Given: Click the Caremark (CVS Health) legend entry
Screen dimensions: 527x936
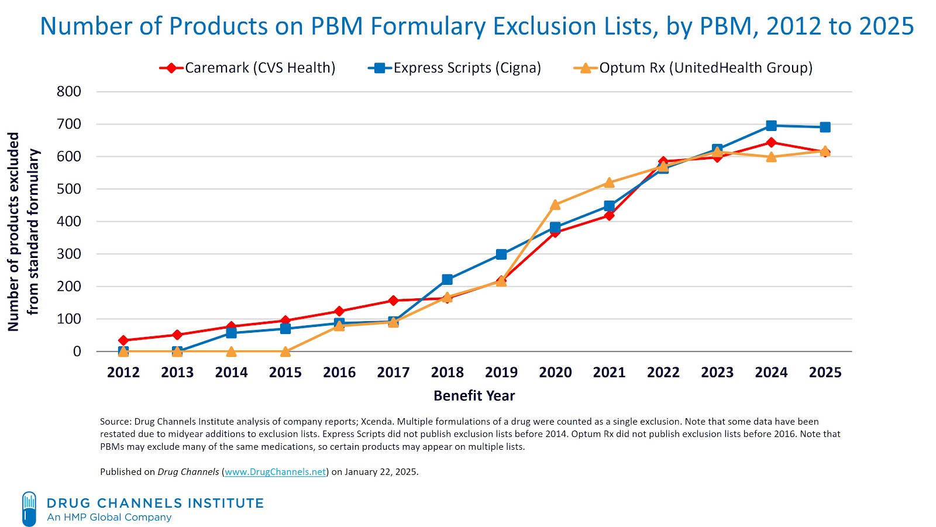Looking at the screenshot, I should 247,68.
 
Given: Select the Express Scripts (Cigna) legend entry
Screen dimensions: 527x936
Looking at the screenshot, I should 455,68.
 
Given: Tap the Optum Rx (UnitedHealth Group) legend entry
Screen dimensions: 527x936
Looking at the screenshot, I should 693,68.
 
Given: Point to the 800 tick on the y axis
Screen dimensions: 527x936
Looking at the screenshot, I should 69,91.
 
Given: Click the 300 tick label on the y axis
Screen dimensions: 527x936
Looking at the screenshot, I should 69,254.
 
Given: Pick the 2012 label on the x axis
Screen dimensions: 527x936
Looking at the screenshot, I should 123,373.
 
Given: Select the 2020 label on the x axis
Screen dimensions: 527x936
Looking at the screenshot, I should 555,373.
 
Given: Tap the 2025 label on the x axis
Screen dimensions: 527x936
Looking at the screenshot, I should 825,373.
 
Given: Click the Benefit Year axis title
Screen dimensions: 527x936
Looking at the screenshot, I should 474,396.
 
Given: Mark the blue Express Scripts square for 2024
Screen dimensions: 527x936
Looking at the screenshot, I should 771,126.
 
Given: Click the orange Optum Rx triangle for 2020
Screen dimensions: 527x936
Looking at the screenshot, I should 555,205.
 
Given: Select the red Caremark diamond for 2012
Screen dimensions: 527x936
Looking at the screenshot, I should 123,340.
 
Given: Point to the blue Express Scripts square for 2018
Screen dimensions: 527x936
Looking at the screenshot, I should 448,280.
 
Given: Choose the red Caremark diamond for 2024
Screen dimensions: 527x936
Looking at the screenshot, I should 771,142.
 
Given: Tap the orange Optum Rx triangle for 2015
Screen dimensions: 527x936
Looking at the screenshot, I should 285,352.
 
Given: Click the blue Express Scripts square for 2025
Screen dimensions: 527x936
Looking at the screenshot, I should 825,128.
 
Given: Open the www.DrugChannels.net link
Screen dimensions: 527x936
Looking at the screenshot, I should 276,472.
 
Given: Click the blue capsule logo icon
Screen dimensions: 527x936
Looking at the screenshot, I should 29,509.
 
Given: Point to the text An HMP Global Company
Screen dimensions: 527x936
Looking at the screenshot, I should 109,518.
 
